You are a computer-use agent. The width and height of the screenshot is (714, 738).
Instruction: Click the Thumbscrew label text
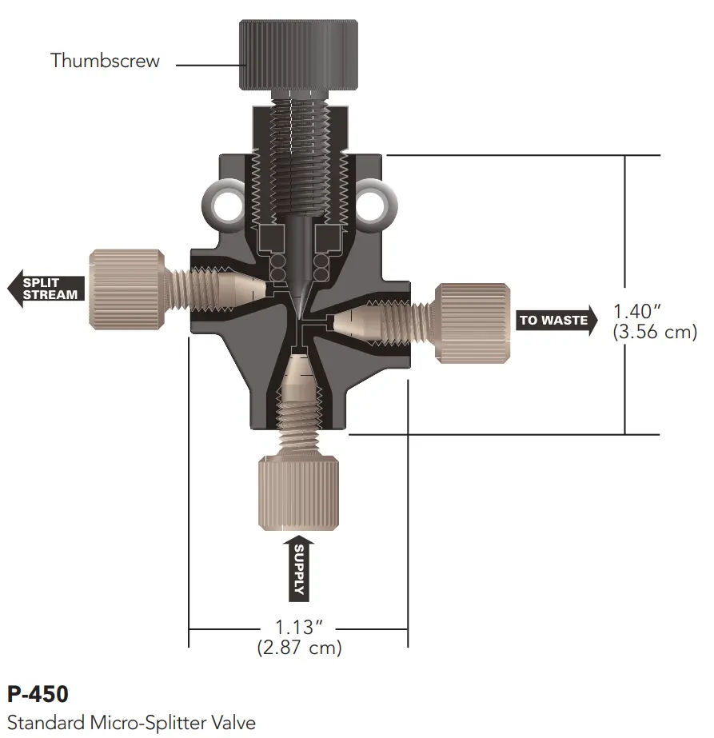click(x=105, y=61)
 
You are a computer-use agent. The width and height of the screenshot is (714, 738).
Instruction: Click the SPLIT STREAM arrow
click(x=46, y=289)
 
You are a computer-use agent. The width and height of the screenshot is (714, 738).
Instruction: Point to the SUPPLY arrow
click(x=299, y=568)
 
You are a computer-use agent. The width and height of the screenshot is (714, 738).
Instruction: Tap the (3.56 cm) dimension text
click(x=654, y=332)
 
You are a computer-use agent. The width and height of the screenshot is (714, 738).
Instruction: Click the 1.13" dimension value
click(x=299, y=626)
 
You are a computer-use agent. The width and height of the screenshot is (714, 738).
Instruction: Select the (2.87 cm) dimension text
click(x=299, y=648)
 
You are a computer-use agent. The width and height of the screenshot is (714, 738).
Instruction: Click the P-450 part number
click(x=37, y=692)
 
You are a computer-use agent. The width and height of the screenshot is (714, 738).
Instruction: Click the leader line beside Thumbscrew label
click(x=206, y=64)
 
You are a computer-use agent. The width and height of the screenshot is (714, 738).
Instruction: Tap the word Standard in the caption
click(x=45, y=723)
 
